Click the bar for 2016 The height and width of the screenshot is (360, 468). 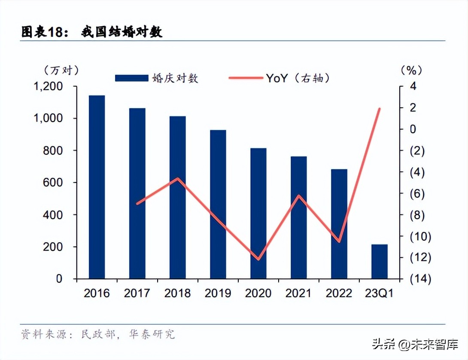[97, 187]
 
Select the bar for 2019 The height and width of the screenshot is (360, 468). [218, 204]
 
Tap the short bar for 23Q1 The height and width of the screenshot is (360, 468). [379, 262]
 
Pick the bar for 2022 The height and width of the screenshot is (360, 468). [339, 224]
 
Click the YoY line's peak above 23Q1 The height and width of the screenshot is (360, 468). [380, 109]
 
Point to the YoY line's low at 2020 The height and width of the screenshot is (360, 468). [258, 259]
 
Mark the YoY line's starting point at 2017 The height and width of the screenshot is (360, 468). [137, 204]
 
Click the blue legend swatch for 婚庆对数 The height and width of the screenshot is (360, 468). [131, 78]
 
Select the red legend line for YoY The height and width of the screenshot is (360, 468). [245, 78]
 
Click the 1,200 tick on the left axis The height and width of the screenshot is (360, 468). [48, 86]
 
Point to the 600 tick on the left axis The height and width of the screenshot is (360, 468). [54, 183]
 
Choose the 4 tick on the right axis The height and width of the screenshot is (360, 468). [413, 86]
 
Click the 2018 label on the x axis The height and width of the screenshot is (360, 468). [177, 293]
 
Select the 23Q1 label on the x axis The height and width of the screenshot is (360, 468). [379, 293]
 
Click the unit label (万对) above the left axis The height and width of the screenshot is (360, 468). [61, 70]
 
